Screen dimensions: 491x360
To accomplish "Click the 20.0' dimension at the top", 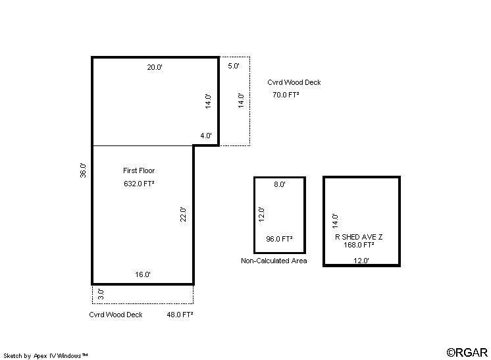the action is [155, 67].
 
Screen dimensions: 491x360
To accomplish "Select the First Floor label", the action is [139, 170].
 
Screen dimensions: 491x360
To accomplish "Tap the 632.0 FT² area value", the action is [139, 184].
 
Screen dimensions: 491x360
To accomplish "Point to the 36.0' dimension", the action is [83, 170].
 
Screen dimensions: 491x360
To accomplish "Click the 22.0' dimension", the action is [183, 215].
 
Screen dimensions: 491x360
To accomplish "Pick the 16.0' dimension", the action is [143, 274].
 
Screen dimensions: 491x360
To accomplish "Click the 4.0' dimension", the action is [206, 136].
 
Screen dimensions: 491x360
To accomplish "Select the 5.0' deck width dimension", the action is [234, 66].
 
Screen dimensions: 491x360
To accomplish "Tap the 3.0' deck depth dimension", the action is [101, 294].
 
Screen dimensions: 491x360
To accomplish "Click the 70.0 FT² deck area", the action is [286, 95].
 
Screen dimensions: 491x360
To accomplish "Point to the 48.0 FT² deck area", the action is [180, 315].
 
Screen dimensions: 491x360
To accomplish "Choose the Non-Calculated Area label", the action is [274, 261].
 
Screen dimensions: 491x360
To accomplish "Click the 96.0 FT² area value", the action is [279, 239].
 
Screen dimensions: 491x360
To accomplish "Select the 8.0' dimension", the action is [280, 184].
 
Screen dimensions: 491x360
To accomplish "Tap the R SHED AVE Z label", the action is [359, 237].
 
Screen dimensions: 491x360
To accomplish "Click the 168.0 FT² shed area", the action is [359, 245].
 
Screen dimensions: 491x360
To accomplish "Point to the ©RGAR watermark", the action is [467, 353].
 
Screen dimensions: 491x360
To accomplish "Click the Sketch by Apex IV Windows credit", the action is [45, 355].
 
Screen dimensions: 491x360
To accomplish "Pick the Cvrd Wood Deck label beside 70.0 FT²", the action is [294, 82].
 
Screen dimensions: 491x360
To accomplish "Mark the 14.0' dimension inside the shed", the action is [336, 221].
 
